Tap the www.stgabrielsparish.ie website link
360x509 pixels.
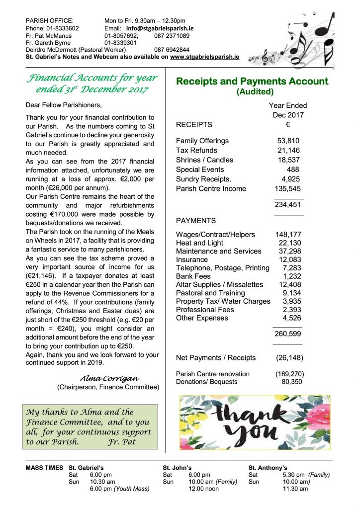click(x=204, y=57)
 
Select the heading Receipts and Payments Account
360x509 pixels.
click(x=252, y=82)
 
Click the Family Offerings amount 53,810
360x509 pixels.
click(x=288, y=141)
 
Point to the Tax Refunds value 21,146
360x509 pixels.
click(x=288, y=150)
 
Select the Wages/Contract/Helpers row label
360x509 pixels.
click(x=215, y=235)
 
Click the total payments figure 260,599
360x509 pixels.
click(x=288, y=334)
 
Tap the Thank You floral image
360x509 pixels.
click(x=254, y=423)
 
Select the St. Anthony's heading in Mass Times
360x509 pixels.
click(x=268, y=468)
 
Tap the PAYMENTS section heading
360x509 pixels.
click(x=196, y=220)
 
